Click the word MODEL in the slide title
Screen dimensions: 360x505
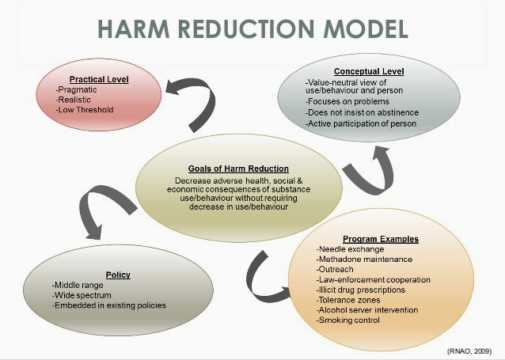click(363, 29)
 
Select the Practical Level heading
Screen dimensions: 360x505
click(98, 80)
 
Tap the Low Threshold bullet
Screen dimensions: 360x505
click(85, 111)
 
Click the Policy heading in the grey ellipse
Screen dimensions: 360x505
click(117, 275)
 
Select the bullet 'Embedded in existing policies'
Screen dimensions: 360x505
click(109, 305)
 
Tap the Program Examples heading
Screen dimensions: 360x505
click(381, 239)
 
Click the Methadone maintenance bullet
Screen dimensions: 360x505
click(364, 260)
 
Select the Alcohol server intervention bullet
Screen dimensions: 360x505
click(368, 311)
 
